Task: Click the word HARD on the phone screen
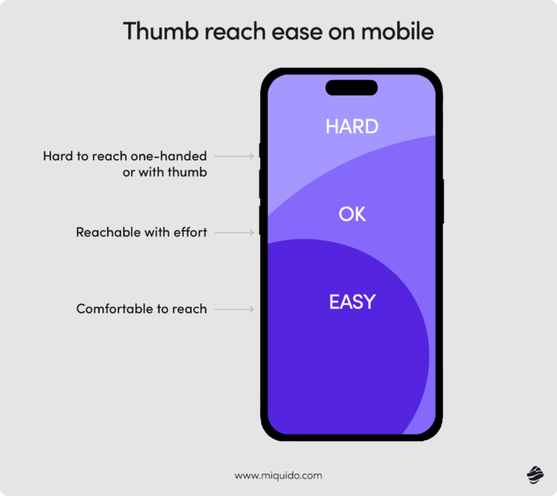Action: [352, 127]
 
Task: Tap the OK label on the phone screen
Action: [352, 214]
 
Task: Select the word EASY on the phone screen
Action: [352, 303]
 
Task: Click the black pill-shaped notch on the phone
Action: [352, 87]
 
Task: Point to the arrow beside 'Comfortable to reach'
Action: [235, 309]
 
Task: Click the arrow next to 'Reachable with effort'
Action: [235, 232]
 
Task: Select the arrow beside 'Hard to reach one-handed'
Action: [235, 157]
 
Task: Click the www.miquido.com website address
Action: [278, 475]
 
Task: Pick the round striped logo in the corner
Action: [533, 475]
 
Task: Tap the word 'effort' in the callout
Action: [189, 232]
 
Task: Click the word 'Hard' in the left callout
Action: [57, 157]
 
